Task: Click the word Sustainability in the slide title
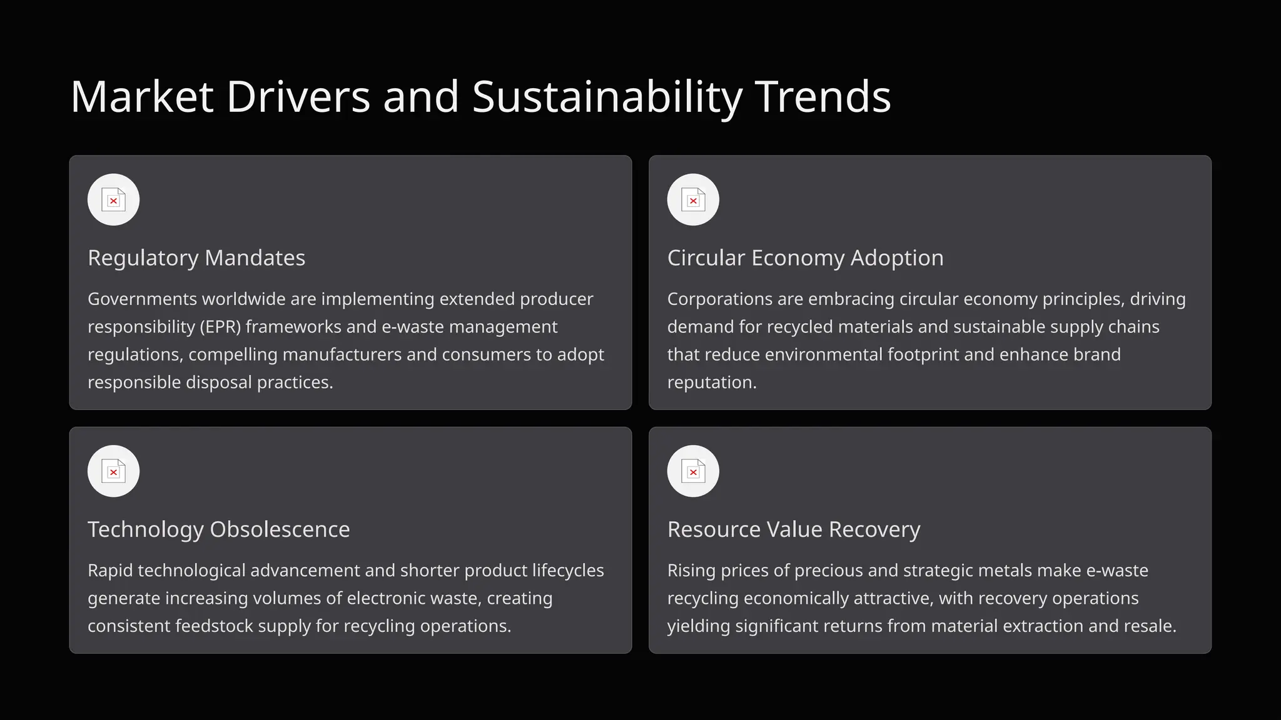pos(607,97)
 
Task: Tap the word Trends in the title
pos(823,97)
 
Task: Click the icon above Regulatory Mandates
pos(113,200)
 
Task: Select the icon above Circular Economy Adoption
pos(693,200)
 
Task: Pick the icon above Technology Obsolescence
pos(113,471)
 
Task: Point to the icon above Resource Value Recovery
pos(693,471)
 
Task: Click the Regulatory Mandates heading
pos(196,258)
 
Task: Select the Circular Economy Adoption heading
pos(805,258)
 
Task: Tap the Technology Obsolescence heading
pos(218,529)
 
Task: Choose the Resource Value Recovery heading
pos(793,529)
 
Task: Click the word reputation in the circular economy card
pos(711,382)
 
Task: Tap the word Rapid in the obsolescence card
pos(110,571)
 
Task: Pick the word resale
pos(1153,626)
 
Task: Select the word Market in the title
pos(142,97)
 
